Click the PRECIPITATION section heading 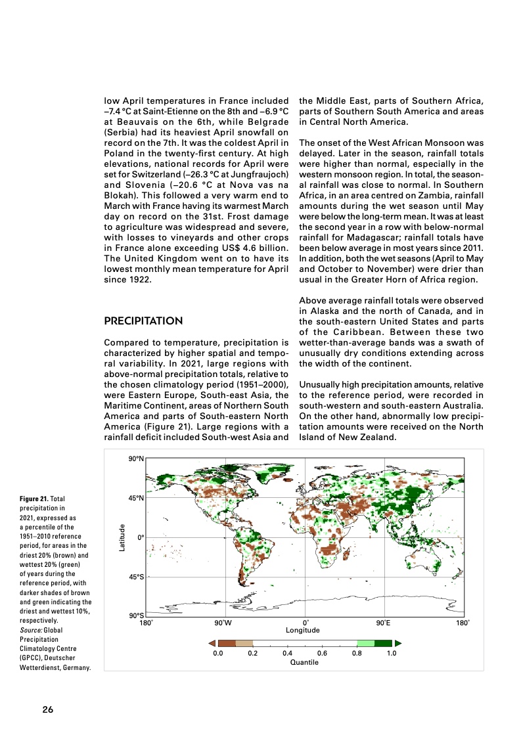143,321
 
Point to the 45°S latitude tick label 136,577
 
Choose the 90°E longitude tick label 383,622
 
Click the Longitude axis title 302,630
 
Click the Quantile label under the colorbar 304,662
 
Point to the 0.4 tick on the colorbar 287,654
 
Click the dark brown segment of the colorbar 227,644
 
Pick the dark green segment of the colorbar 383,644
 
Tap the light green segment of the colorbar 365,644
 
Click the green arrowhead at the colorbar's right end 398,644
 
